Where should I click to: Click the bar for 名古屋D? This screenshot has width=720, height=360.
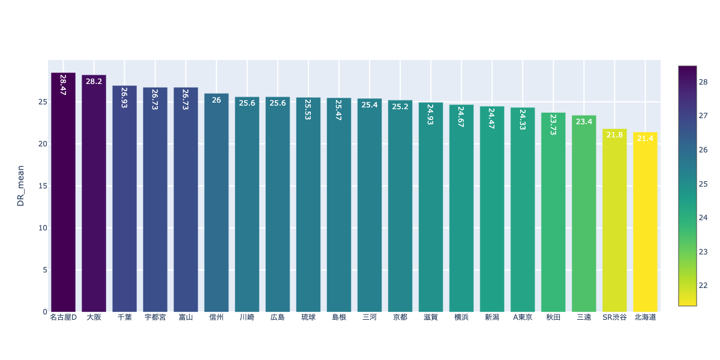pyautogui.click(x=63, y=192)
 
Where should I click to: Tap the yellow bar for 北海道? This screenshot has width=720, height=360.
pyautogui.click(x=645, y=222)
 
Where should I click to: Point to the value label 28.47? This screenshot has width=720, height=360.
pyautogui.click(x=63, y=85)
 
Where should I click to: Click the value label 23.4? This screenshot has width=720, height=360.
pyautogui.click(x=584, y=122)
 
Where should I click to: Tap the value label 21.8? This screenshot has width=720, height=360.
pyautogui.click(x=614, y=135)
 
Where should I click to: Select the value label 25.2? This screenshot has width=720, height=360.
pyautogui.click(x=400, y=107)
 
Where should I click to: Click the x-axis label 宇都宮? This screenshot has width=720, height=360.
pyautogui.click(x=155, y=317)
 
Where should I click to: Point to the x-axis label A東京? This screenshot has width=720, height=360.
pyautogui.click(x=523, y=317)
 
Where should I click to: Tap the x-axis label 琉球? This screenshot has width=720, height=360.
pyautogui.click(x=308, y=317)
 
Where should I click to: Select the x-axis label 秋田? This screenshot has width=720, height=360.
pyautogui.click(x=553, y=317)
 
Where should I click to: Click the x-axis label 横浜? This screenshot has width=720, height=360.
pyautogui.click(x=461, y=317)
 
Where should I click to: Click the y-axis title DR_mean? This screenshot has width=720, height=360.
pyautogui.click(x=21, y=186)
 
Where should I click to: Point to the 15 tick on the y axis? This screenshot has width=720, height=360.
pyautogui.click(x=42, y=186)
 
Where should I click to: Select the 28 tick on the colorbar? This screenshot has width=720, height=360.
pyautogui.click(x=703, y=82)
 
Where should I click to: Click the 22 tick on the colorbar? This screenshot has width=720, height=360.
pyautogui.click(x=703, y=285)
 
